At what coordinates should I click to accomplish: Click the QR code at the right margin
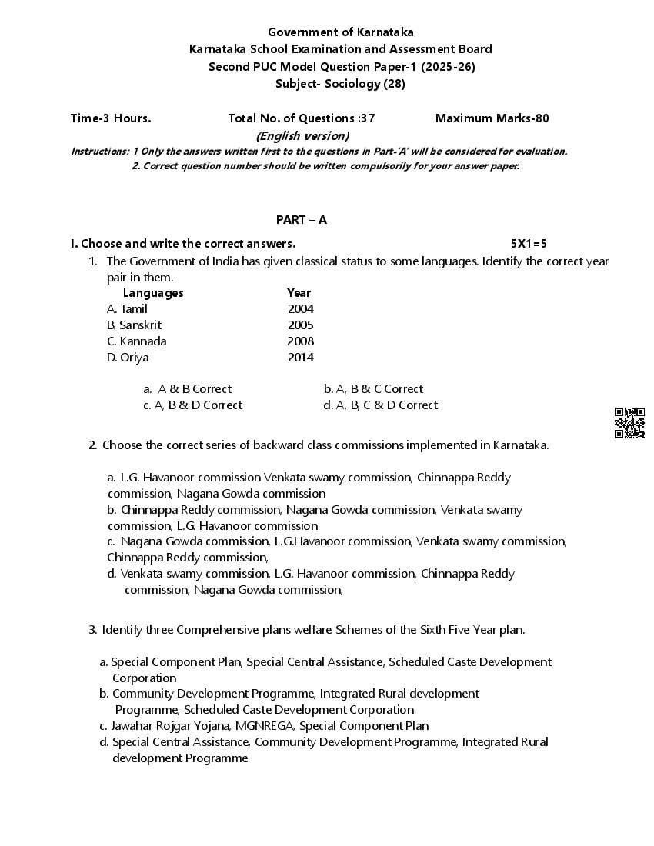coord(629,423)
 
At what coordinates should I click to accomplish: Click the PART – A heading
coord(302,220)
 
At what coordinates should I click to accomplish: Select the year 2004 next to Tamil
coord(300,309)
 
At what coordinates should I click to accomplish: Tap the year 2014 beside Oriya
coord(300,358)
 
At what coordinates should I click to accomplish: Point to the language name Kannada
coord(143,341)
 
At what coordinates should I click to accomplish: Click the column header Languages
coord(153,293)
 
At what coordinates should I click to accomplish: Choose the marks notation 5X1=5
coord(529,244)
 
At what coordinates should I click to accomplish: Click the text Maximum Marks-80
coord(492,118)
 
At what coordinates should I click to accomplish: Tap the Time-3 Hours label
coord(111,118)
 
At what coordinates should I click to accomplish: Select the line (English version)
coord(302,136)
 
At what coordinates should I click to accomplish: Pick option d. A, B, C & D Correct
coord(381,405)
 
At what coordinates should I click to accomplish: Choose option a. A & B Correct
coord(187,389)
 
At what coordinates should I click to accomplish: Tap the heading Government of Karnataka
coord(340,32)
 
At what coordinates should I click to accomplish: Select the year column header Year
coord(299,293)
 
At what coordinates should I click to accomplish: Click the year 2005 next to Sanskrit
coord(300,325)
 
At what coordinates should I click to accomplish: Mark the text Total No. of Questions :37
coord(302,118)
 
